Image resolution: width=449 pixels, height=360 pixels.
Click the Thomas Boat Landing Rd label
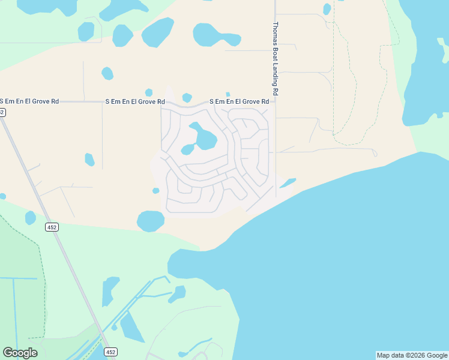tap(276, 59)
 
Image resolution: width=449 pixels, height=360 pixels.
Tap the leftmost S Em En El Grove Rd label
tap(29, 101)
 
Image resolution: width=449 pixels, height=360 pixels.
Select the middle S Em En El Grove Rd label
tap(135, 102)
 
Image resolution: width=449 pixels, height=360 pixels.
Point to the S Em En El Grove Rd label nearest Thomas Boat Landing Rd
tap(239, 102)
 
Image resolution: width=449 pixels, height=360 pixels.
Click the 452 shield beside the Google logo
tap(110, 352)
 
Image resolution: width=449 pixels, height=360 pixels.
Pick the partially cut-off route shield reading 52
tap(2, 112)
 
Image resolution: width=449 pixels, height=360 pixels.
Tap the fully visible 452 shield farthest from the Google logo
tap(52, 227)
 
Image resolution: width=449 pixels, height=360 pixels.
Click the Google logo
tap(20, 352)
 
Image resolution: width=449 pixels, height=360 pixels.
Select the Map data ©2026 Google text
tap(412, 355)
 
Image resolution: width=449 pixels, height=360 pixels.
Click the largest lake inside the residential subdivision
tap(204, 137)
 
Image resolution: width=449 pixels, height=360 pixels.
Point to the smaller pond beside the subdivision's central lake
tap(188, 149)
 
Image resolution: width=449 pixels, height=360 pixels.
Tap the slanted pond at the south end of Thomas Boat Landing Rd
tap(288, 182)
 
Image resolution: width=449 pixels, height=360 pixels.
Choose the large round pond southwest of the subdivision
tap(150, 221)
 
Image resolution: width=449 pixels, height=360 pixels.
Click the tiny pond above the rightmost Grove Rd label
tap(228, 94)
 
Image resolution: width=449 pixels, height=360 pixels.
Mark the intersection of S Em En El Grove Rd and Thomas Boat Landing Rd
tap(276, 102)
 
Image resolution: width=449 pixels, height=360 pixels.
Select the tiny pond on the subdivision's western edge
tap(156, 191)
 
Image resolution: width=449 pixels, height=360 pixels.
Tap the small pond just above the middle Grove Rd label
tap(148, 92)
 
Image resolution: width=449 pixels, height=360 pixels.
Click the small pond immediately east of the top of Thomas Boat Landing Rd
tap(327, 9)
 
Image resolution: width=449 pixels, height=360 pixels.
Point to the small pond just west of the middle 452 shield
tap(31, 218)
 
